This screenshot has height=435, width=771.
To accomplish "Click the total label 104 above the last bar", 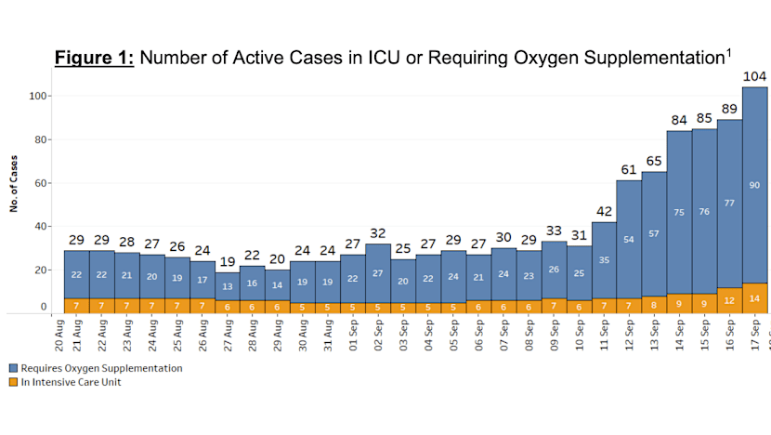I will pos(754,76).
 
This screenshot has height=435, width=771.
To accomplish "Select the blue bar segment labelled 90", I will pos(754,184).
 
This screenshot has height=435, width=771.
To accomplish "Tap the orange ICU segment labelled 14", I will pos(754,298).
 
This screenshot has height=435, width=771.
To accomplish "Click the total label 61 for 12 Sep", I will pos(629,169).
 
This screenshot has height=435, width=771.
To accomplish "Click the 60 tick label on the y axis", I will pos(43,183).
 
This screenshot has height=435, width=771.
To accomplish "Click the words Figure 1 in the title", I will pos(95,58).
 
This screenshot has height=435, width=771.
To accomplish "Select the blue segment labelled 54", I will pos(629,240).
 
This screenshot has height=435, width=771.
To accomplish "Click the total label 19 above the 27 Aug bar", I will pos(228,261).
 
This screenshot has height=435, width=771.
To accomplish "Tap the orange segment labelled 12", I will pos(729,300).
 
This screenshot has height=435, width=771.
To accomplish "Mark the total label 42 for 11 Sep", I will pos(604,211).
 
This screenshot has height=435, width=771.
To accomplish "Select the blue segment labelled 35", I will pos(604,260).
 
